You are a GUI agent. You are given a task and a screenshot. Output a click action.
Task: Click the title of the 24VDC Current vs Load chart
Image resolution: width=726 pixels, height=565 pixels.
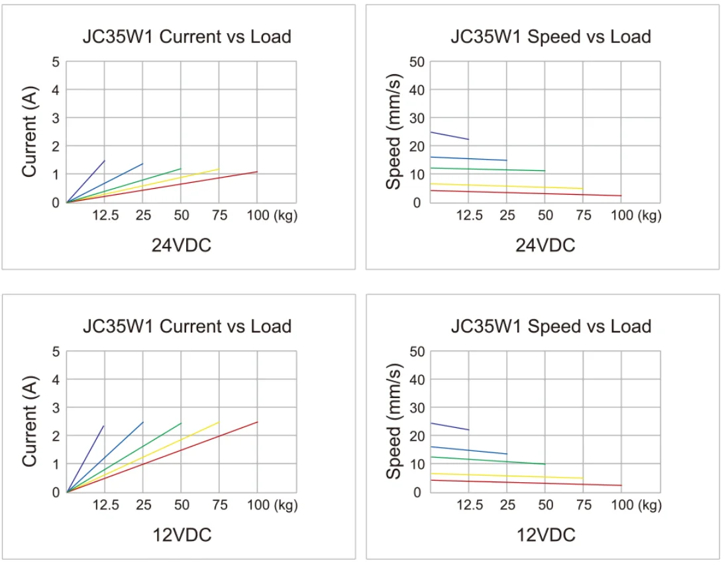coord(187,36)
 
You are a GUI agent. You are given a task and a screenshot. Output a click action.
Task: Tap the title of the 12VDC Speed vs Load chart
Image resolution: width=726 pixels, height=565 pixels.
coord(550,326)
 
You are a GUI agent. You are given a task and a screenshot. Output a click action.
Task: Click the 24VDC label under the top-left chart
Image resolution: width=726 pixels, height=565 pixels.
coord(181,246)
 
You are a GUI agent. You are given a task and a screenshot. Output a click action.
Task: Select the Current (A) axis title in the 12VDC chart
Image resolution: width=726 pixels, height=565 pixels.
coord(29,421)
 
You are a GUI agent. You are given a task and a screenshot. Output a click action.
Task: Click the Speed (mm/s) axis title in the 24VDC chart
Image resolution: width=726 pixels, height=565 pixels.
coord(395,132)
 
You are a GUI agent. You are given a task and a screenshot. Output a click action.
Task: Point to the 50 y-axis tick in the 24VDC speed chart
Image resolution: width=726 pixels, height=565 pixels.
coord(417,62)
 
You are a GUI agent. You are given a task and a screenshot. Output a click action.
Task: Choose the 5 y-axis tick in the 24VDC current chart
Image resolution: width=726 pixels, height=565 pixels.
coord(56,62)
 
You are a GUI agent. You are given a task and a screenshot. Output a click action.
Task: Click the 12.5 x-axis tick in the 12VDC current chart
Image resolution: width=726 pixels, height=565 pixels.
coord(105,505)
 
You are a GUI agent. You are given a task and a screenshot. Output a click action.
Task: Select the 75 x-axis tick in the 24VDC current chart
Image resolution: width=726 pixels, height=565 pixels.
coord(219,215)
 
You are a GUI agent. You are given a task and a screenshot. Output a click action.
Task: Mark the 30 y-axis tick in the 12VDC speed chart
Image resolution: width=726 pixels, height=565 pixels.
coord(417,407)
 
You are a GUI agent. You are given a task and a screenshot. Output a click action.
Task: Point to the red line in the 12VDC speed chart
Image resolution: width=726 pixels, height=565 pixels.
coord(530,483)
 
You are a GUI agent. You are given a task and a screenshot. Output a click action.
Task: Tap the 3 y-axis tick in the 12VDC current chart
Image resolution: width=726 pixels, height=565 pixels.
coord(56,407)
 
